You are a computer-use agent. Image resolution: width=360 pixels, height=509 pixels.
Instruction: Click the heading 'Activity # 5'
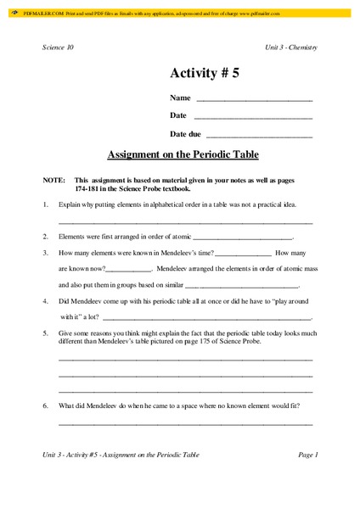[205, 74]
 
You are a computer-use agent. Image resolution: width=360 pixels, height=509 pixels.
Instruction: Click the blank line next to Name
[254, 100]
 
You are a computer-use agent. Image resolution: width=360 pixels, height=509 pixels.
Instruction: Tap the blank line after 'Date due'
[259, 135]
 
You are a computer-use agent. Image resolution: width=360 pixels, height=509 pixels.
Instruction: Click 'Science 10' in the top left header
[58, 47]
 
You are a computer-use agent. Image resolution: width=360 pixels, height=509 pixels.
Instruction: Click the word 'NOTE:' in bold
[53, 181]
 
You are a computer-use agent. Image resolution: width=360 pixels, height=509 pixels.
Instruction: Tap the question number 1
[44, 205]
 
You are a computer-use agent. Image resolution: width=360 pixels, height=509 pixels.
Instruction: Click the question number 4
[44, 300]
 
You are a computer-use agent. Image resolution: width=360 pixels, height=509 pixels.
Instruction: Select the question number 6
[44, 406]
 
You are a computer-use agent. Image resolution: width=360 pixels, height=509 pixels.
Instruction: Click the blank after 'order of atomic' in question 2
[245, 237]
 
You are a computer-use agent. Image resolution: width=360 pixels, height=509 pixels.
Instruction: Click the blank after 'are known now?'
[131, 268]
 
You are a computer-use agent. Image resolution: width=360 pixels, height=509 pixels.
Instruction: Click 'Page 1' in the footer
[307, 455]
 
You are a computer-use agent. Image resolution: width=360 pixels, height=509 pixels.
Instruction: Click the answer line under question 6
[185, 422]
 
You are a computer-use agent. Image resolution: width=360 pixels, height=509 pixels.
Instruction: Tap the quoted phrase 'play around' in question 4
[286, 300]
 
